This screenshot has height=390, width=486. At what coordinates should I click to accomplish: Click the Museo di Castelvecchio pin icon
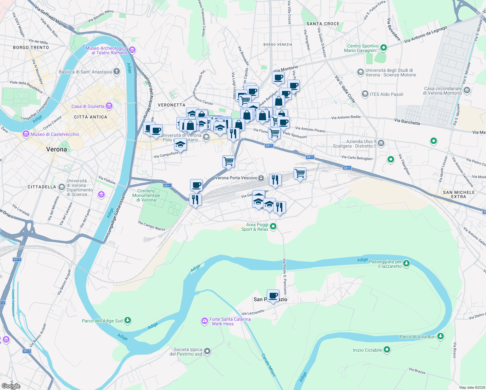pyautogui.click(x=26, y=134)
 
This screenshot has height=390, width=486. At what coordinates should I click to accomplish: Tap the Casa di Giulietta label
pyautogui.click(x=88, y=106)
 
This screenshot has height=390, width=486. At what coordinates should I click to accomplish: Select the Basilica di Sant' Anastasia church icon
pyautogui.click(x=117, y=72)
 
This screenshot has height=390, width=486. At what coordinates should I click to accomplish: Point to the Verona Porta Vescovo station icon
pyautogui.click(x=261, y=178)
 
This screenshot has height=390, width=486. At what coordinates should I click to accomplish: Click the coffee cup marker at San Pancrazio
pyautogui.click(x=273, y=296)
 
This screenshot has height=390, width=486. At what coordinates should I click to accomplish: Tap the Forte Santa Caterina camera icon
pyautogui.click(x=204, y=321)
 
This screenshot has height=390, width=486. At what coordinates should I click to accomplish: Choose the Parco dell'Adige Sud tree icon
pyautogui.click(x=128, y=320)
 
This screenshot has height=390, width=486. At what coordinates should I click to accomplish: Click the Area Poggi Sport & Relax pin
pyautogui.click(x=273, y=227)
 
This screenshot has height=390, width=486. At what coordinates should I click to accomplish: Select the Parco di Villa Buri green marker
pyautogui.click(x=441, y=336)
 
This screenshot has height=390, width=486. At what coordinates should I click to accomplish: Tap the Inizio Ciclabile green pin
pyautogui.click(x=387, y=350)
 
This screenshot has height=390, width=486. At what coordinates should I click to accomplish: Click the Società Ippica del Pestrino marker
pyautogui.click(x=207, y=351)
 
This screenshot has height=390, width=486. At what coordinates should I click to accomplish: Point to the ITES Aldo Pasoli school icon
pyautogui.click(x=365, y=94)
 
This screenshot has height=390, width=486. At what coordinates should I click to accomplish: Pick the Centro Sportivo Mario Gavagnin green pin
pyautogui.click(x=384, y=48)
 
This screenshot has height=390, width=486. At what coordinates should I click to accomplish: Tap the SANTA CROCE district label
pyautogui.click(x=323, y=24)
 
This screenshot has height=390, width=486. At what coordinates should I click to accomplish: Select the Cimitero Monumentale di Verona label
pyautogui.click(x=146, y=195)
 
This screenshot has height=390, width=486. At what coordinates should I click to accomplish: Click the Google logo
pyautogui.click(x=11, y=386)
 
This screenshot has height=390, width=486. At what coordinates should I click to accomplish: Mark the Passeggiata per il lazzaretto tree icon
pyautogui.click(x=406, y=264)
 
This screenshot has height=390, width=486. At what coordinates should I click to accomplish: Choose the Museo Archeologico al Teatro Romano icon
pyautogui.click(x=132, y=50)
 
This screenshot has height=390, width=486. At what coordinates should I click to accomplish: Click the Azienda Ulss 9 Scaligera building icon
pyautogui.click(x=381, y=143)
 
